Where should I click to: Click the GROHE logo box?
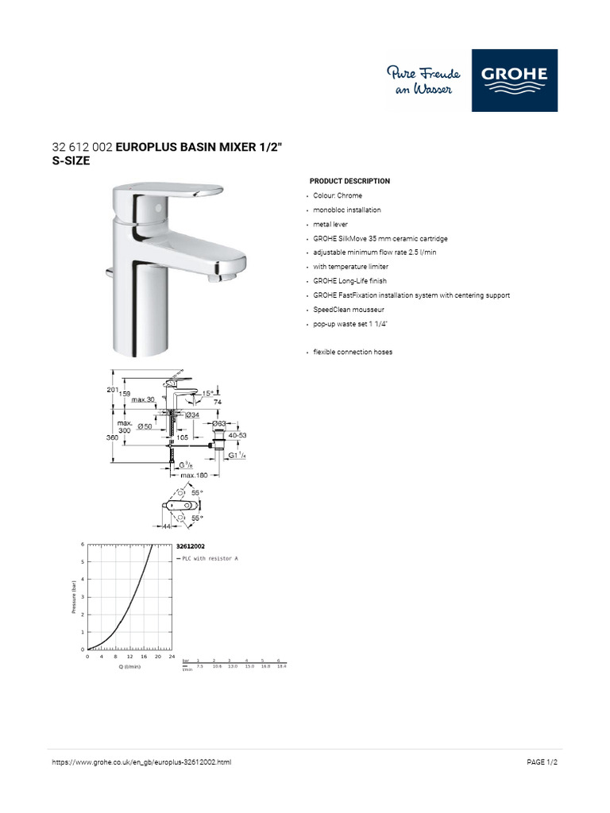(x=515, y=80)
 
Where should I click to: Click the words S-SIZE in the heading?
(x=71, y=160)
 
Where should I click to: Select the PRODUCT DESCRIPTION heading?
(x=349, y=181)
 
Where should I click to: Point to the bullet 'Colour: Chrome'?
(x=338, y=195)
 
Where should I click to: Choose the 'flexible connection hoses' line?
(x=353, y=352)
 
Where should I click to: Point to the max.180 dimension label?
(x=194, y=476)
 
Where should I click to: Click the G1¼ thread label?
(x=237, y=456)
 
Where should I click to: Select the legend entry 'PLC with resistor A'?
(x=209, y=559)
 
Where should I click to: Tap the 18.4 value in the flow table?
(x=280, y=666)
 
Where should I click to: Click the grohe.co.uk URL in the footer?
(x=141, y=763)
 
